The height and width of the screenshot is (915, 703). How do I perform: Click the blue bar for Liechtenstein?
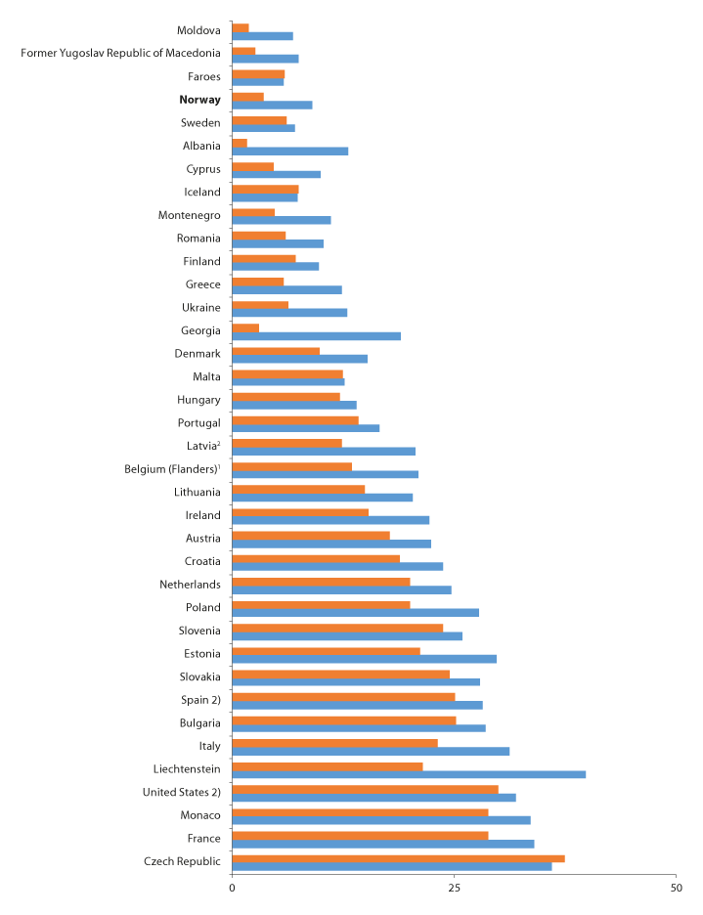(x=409, y=774)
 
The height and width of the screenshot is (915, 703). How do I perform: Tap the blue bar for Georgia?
(x=316, y=335)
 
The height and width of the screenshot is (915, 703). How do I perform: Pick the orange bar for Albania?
(x=240, y=143)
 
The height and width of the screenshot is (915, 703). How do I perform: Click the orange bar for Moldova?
(x=241, y=27)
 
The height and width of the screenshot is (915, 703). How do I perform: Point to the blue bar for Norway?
(x=272, y=105)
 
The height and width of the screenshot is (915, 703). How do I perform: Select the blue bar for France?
(x=382, y=844)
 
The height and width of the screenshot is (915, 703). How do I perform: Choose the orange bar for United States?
(x=365, y=789)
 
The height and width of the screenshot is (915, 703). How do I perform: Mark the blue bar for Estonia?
(x=364, y=659)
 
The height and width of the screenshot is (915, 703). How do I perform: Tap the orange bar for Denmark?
(x=276, y=350)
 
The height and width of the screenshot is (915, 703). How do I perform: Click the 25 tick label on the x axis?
(x=454, y=888)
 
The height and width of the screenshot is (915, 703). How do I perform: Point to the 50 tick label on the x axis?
(x=676, y=888)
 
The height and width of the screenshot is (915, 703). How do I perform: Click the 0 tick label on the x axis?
(x=232, y=888)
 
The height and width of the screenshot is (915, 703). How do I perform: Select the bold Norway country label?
(x=199, y=100)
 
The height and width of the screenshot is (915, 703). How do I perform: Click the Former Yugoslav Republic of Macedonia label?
(x=120, y=53)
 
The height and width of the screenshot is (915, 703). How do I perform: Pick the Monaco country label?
(x=199, y=815)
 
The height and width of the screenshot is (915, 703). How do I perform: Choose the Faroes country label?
(x=203, y=76)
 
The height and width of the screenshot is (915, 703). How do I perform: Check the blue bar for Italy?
(x=371, y=751)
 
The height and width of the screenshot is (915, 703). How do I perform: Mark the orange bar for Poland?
(x=321, y=604)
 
